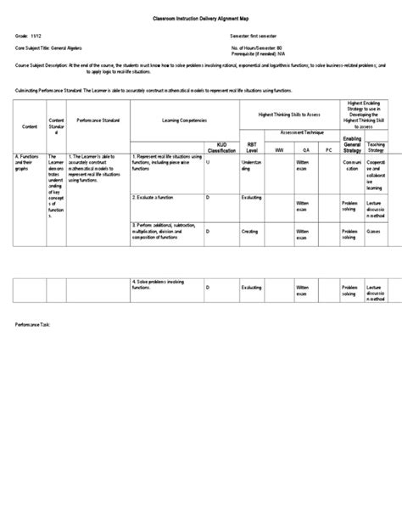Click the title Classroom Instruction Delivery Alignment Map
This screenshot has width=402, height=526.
[200, 17]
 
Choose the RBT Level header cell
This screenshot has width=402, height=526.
[251, 146]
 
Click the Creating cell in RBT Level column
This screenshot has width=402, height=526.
[251, 231]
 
